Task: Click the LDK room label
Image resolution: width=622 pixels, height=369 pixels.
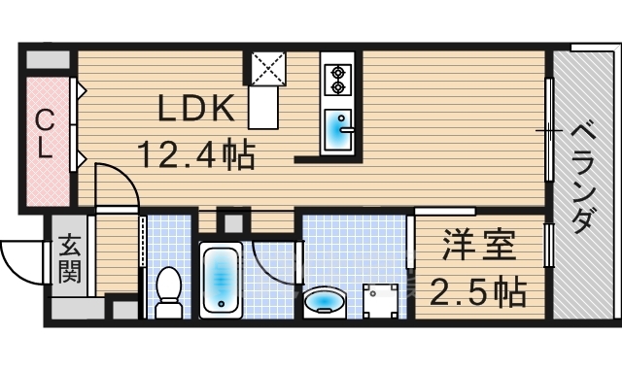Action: pos(196,108)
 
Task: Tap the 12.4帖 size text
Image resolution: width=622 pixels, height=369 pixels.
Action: pos(196,155)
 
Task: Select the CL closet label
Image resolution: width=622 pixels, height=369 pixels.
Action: pos(45,134)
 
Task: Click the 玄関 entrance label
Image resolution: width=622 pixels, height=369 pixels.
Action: pos(70,258)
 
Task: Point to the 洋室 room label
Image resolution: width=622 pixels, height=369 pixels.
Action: pos(479,245)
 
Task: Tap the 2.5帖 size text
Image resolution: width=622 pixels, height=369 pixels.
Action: pos(478,293)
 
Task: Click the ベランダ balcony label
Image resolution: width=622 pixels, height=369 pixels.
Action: pos(582,178)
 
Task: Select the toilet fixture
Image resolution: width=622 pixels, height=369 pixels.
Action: pos(168,292)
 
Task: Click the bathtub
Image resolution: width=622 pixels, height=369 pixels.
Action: pos(221,280)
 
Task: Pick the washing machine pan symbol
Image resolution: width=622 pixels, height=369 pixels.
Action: pos(380,301)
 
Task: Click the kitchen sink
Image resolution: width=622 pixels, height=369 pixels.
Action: pos(338,129)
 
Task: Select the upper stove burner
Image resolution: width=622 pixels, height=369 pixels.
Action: pos(338,73)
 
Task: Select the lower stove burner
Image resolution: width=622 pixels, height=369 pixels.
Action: pos(338,86)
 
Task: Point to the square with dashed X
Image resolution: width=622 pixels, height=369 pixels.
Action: pos(269,68)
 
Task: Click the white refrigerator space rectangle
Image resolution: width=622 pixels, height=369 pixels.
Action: pos(263,107)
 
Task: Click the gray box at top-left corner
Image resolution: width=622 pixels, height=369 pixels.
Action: pos(48,59)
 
